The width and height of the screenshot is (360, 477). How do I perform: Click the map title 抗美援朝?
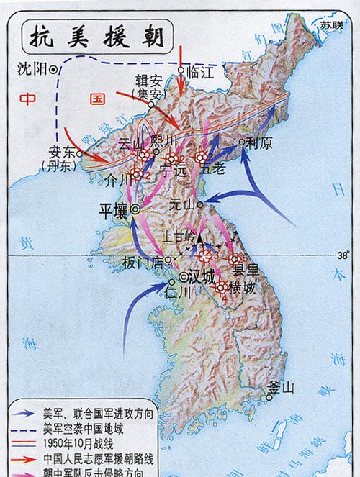pos(94,35)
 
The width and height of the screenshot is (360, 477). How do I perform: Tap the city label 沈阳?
pos(30,70)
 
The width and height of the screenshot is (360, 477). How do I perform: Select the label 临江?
pos(202,73)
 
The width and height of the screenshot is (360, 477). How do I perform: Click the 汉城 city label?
pos(202,277)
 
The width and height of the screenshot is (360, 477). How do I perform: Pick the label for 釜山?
pos(280,389)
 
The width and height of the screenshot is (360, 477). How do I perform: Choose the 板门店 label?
pos(143,260)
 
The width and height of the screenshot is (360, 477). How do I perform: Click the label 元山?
pos(181,204)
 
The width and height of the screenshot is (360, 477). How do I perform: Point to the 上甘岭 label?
pos(180,235)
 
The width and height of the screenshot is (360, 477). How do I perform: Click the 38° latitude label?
pos(342,254)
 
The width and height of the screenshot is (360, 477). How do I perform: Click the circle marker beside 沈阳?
pos(53,70)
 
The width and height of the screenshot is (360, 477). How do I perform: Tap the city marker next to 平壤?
pos(135,209)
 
